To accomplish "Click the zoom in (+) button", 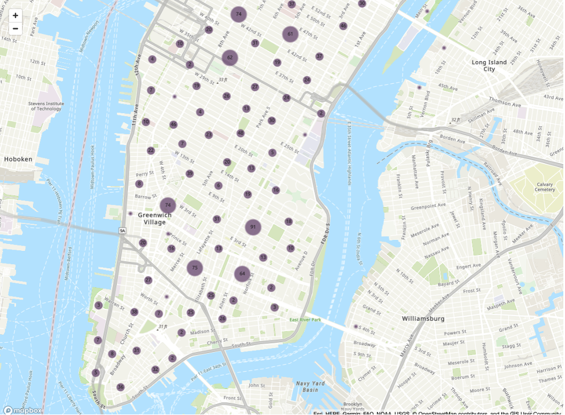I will pos(16,16).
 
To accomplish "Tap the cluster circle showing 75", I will pos(195,268).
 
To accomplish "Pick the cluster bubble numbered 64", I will pos(242,274).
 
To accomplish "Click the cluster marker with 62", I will pos(230,57).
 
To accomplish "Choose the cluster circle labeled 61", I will pos(290,34).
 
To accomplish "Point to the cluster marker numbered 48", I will pos(241,133).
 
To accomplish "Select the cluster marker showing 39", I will pos(190,173).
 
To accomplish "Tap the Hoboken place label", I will pos(18,159).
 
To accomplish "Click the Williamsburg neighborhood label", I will pos(423,318).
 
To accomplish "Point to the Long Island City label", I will pos(489,65).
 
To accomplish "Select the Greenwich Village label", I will pos(154,218).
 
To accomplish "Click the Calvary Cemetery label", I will pos(545,187).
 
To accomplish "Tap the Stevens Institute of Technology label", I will pos(45,106).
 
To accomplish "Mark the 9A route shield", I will pos(122,231).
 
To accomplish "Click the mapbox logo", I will pos(22,410).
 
